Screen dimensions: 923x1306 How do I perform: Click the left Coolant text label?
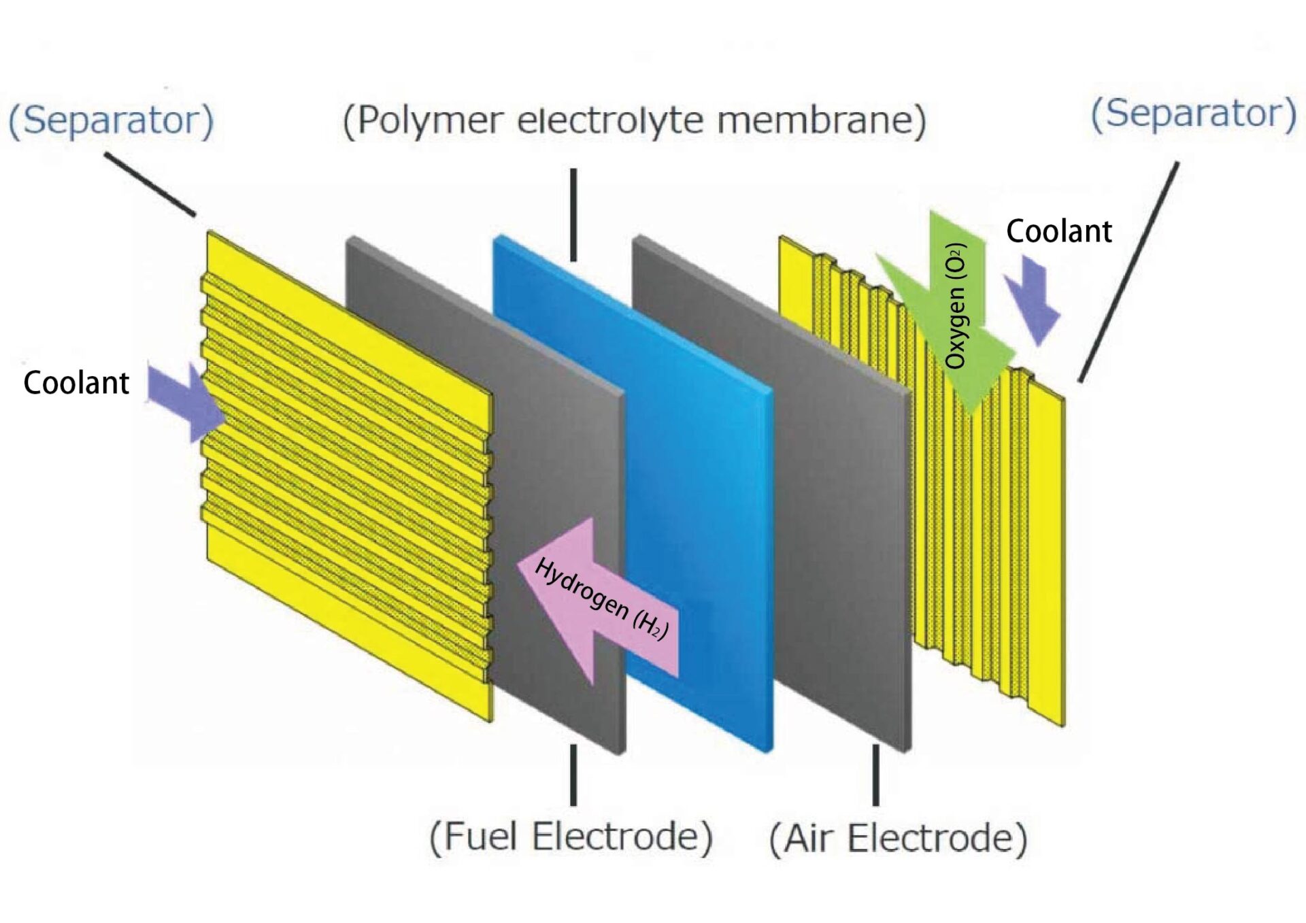click(76, 383)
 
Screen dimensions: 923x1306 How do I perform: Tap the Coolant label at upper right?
click(1058, 231)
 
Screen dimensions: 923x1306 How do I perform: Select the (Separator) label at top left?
click(111, 120)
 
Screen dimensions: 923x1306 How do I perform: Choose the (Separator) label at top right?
click(1193, 114)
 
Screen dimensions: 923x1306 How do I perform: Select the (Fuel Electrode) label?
click(571, 836)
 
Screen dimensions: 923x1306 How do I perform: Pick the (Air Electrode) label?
click(897, 837)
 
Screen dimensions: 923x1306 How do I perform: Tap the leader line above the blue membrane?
click(573, 214)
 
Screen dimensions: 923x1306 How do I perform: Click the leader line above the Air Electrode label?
click(875, 775)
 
